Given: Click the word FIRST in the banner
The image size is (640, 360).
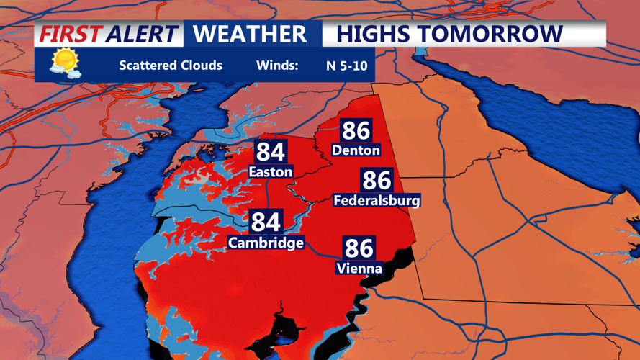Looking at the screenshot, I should tap(69, 34).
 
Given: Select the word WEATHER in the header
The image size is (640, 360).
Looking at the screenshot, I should tap(250, 34).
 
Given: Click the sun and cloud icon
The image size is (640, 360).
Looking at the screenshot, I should tap(65, 63).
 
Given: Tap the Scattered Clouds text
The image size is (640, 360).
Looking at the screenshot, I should tap(171, 66).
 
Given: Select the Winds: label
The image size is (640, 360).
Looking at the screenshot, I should tap(276, 66).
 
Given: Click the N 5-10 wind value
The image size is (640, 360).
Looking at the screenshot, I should tap(346, 66).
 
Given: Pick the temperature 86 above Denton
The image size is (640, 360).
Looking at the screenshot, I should tap(356, 130).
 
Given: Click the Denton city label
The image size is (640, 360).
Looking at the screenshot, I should tap(356, 150).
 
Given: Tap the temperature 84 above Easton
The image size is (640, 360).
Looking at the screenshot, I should tap(270, 152).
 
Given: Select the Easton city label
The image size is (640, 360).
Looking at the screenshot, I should tap(270, 172).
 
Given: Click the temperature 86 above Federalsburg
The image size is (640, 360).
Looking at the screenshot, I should tap(377, 180).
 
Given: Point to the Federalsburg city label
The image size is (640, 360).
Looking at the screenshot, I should tap(377, 201).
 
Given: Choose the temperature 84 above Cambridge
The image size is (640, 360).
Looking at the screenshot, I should tap(266, 222).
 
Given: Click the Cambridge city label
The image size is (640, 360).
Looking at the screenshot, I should tap(266, 243).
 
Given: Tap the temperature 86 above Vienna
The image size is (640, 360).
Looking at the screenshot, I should tap(359, 248).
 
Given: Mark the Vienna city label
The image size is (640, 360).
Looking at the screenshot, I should tap(359, 269).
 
